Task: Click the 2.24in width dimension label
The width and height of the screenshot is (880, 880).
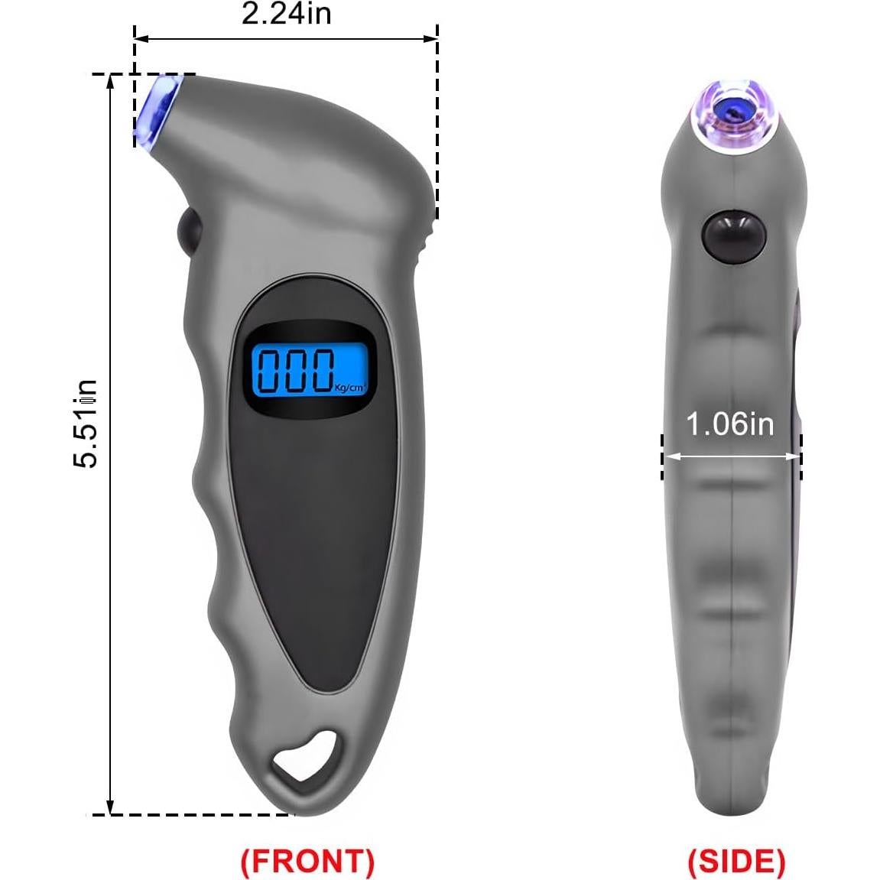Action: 286,13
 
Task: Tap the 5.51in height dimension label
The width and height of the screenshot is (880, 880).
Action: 86,424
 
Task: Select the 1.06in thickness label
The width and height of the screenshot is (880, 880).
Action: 729,424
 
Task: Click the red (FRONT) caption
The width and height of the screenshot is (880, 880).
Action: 307,862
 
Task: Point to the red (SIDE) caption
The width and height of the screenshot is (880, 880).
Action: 735,862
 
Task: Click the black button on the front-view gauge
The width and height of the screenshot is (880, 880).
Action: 189,229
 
